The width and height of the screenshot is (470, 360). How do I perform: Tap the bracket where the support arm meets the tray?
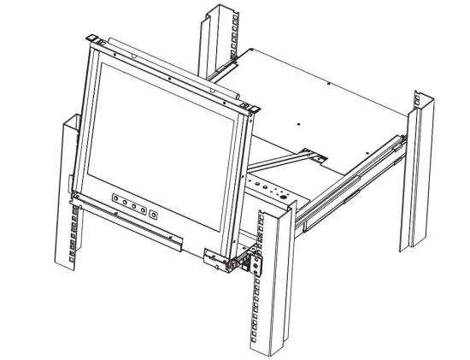[318, 156]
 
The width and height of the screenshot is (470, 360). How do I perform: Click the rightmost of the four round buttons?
[143, 207]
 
